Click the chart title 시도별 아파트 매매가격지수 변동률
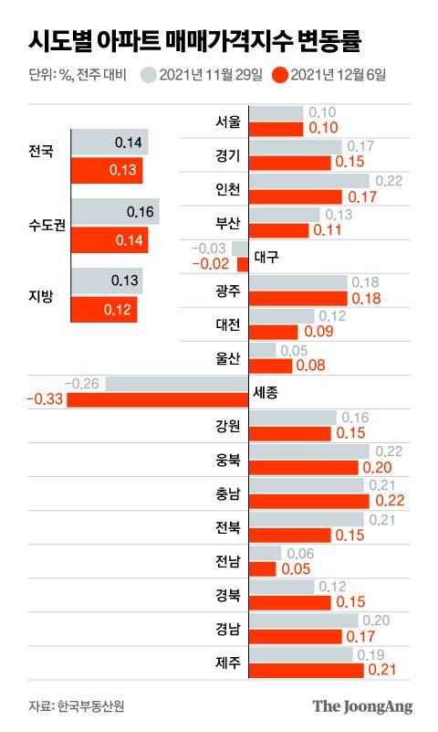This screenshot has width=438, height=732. point(194,41)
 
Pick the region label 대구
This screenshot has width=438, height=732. point(266,257)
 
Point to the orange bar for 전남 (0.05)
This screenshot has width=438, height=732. point(262,568)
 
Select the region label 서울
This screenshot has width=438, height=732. point(228,121)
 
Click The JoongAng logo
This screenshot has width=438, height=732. point(362,706)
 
